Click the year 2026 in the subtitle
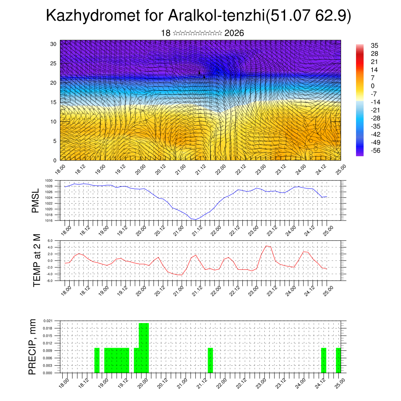point(234,33)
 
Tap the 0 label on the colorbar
point(373,86)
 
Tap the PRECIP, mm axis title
point(34,347)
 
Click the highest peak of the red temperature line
point(266,246)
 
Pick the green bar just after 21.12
point(210,360)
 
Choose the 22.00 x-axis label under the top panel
point(220,169)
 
